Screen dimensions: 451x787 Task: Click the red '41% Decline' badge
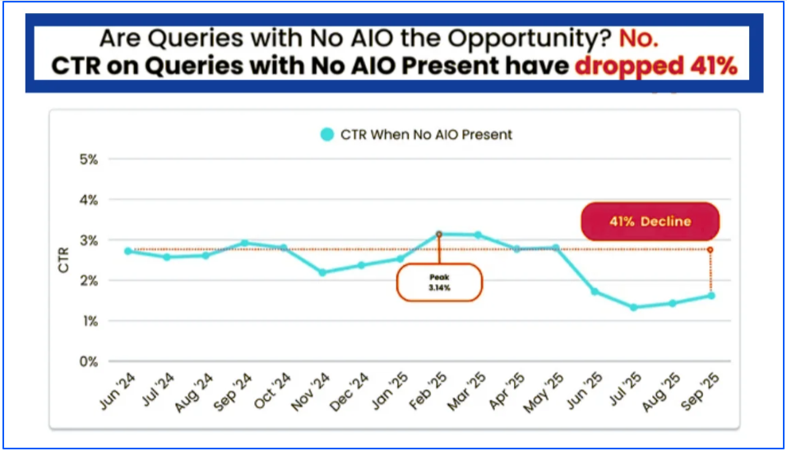[x=650, y=221]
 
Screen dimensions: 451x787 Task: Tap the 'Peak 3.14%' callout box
[x=438, y=283]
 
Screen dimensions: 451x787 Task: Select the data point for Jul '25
[x=633, y=307]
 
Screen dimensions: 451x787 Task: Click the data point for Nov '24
[x=322, y=272]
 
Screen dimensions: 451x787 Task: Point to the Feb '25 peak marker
[x=439, y=234]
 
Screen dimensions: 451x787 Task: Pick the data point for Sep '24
[x=244, y=243]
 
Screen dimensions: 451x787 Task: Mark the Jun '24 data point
[x=127, y=251]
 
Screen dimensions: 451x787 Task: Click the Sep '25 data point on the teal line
[x=711, y=295]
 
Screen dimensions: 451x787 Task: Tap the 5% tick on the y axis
[x=89, y=159]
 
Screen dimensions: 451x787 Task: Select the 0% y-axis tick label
[x=89, y=361]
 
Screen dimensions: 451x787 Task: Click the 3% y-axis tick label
[x=89, y=240]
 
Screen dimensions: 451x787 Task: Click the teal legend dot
[x=327, y=134]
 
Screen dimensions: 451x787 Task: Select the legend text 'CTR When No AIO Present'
[x=426, y=134]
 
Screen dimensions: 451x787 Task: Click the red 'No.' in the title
[x=640, y=38]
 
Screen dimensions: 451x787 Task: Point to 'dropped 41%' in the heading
[x=655, y=66]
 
